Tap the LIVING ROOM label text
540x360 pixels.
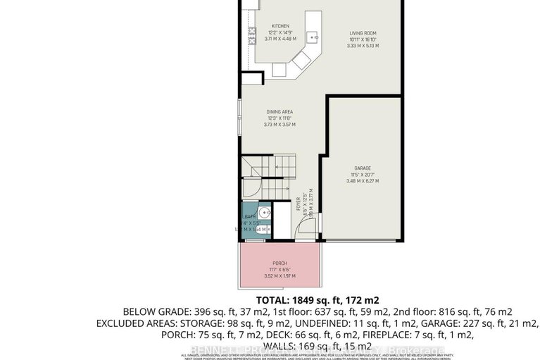click(365, 32)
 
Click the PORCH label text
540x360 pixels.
click(280, 263)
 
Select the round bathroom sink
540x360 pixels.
click(263, 213)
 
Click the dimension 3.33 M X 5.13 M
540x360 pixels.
click(365, 46)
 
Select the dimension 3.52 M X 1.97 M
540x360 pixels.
click(280, 276)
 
